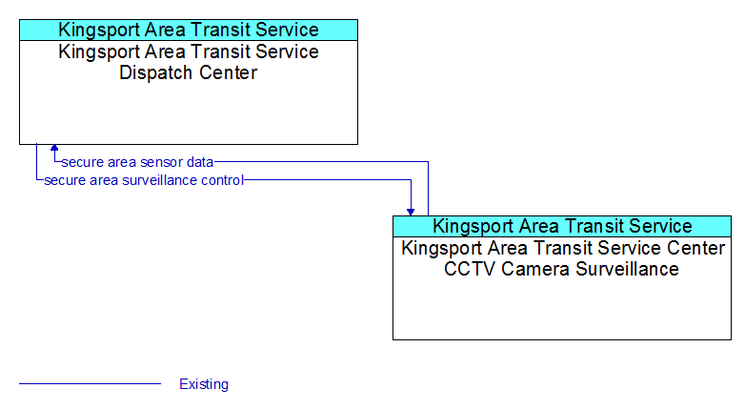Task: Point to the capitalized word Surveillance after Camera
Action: point(627,269)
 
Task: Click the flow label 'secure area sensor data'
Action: point(137,162)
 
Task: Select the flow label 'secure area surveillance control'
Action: point(144,180)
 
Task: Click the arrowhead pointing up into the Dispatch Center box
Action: point(54,148)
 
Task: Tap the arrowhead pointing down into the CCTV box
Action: point(411,212)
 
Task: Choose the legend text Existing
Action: point(204,384)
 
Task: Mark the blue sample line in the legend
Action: point(90,383)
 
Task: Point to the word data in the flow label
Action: point(200,162)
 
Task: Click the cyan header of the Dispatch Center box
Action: point(189,30)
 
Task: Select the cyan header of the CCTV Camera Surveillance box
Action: point(562,226)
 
